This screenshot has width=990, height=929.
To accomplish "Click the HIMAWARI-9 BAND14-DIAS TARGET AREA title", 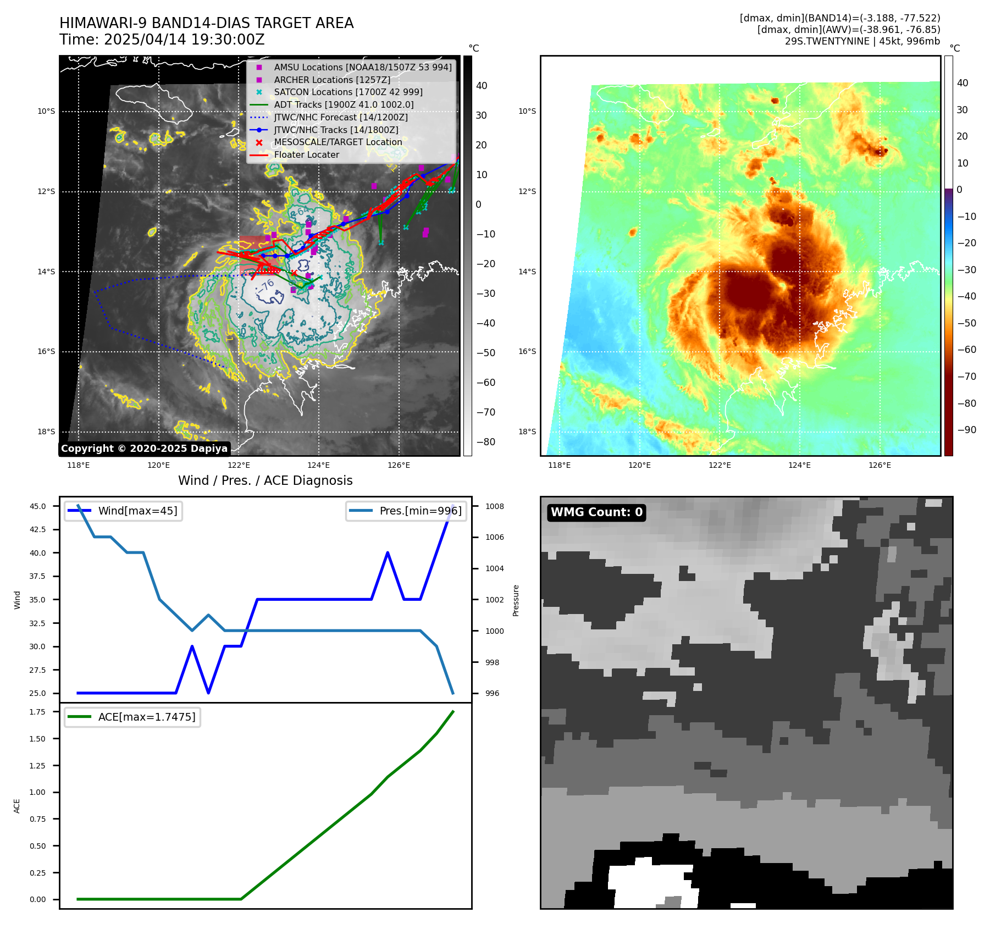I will pos(206,23).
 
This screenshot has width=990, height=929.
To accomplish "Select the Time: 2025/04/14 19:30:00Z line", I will pos(162,40).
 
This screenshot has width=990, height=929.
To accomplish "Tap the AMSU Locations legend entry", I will pos(362,67).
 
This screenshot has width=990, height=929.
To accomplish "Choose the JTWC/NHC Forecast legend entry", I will pos(340,117).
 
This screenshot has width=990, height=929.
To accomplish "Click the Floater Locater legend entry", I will pos(306,154).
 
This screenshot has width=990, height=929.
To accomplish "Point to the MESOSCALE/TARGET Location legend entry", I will pos(338,142).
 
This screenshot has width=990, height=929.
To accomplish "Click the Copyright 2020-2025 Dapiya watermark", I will pos(144,449).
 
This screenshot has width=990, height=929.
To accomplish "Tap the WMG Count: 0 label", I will pos(596,512).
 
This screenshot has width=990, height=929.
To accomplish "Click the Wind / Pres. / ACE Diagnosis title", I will pos(265,480).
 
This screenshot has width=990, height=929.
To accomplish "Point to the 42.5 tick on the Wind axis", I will pos(38,529).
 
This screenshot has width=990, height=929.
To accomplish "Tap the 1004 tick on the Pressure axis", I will pos(494,568).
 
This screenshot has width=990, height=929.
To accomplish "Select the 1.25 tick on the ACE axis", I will pos(38,766).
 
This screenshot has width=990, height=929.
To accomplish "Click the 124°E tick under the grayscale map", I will pos(319,465).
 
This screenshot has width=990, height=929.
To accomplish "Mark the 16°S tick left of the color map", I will pos(527,351).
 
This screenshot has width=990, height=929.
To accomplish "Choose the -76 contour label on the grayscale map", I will pos(266,286).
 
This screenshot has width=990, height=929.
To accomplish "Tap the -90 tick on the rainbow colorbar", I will pos(966,430).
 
